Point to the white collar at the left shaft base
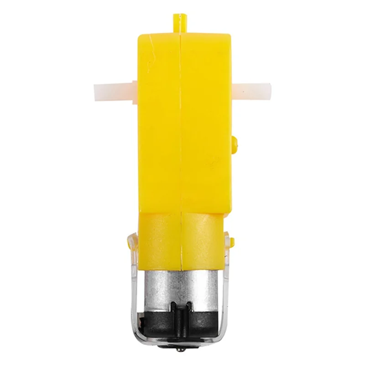click(131, 89)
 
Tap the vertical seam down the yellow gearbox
click(181, 137)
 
